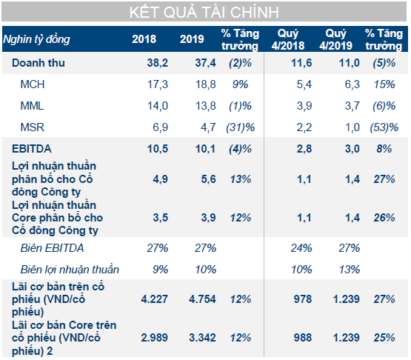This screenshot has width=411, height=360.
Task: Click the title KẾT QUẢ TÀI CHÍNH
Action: (204, 13)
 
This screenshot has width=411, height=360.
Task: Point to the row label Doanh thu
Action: (39, 64)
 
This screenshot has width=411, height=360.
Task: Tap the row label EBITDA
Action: (31, 149)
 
